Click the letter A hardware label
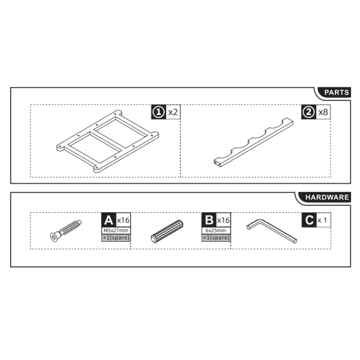pos(108,220)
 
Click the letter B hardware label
pos(209,220)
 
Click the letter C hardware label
pos(309,220)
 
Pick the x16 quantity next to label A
pos(123,220)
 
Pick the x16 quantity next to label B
pos(224,220)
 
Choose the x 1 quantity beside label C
pos(322,220)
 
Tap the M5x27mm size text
pos(116,230)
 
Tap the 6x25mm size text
pos(216,230)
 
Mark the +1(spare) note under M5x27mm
pos(116,237)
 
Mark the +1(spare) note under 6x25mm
pos(216,237)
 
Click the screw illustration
pos(65,229)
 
